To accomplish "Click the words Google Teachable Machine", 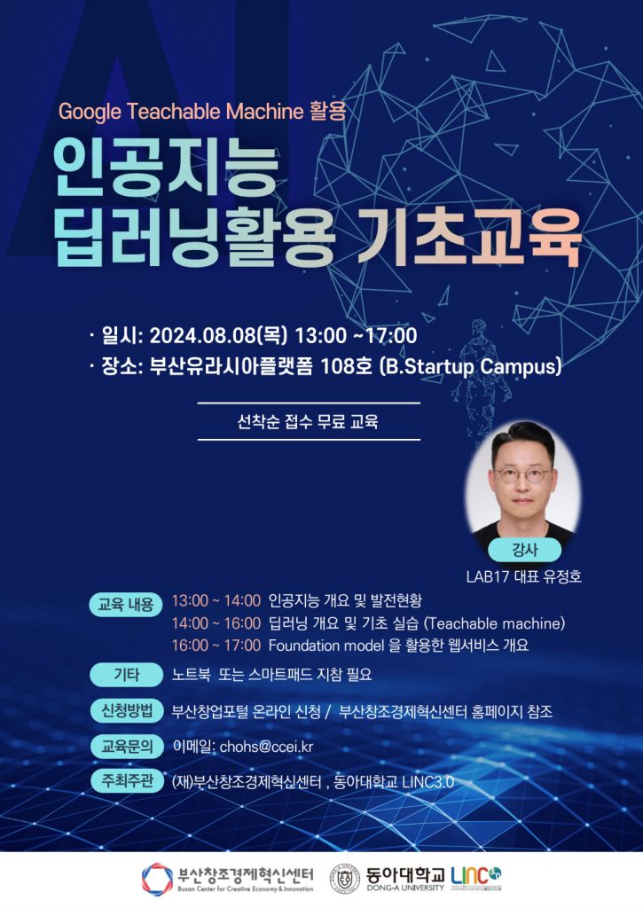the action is click(x=181, y=111).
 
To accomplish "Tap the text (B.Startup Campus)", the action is click(x=470, y=367).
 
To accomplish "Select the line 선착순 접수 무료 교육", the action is click(x=308, y=421).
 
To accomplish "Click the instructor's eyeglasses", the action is click(x=522, y=475).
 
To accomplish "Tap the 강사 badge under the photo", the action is click(x=525, y=550).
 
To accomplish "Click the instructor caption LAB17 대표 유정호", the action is click(x=523, y=576).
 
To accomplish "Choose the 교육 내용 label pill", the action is click(x=126, y=605).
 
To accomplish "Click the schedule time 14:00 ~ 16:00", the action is click(x=216, y=623).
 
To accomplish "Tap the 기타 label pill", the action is click(x=126, y=675).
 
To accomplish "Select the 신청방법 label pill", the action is click(x=126, y=710).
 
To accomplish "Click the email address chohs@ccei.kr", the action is click(x=266, y=747).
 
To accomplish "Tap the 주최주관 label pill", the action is click(x=127, y=780).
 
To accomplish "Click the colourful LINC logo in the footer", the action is click(x=476, y=877).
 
